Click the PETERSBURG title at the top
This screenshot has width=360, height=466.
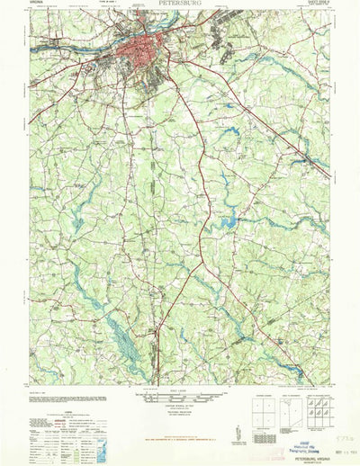179,4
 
